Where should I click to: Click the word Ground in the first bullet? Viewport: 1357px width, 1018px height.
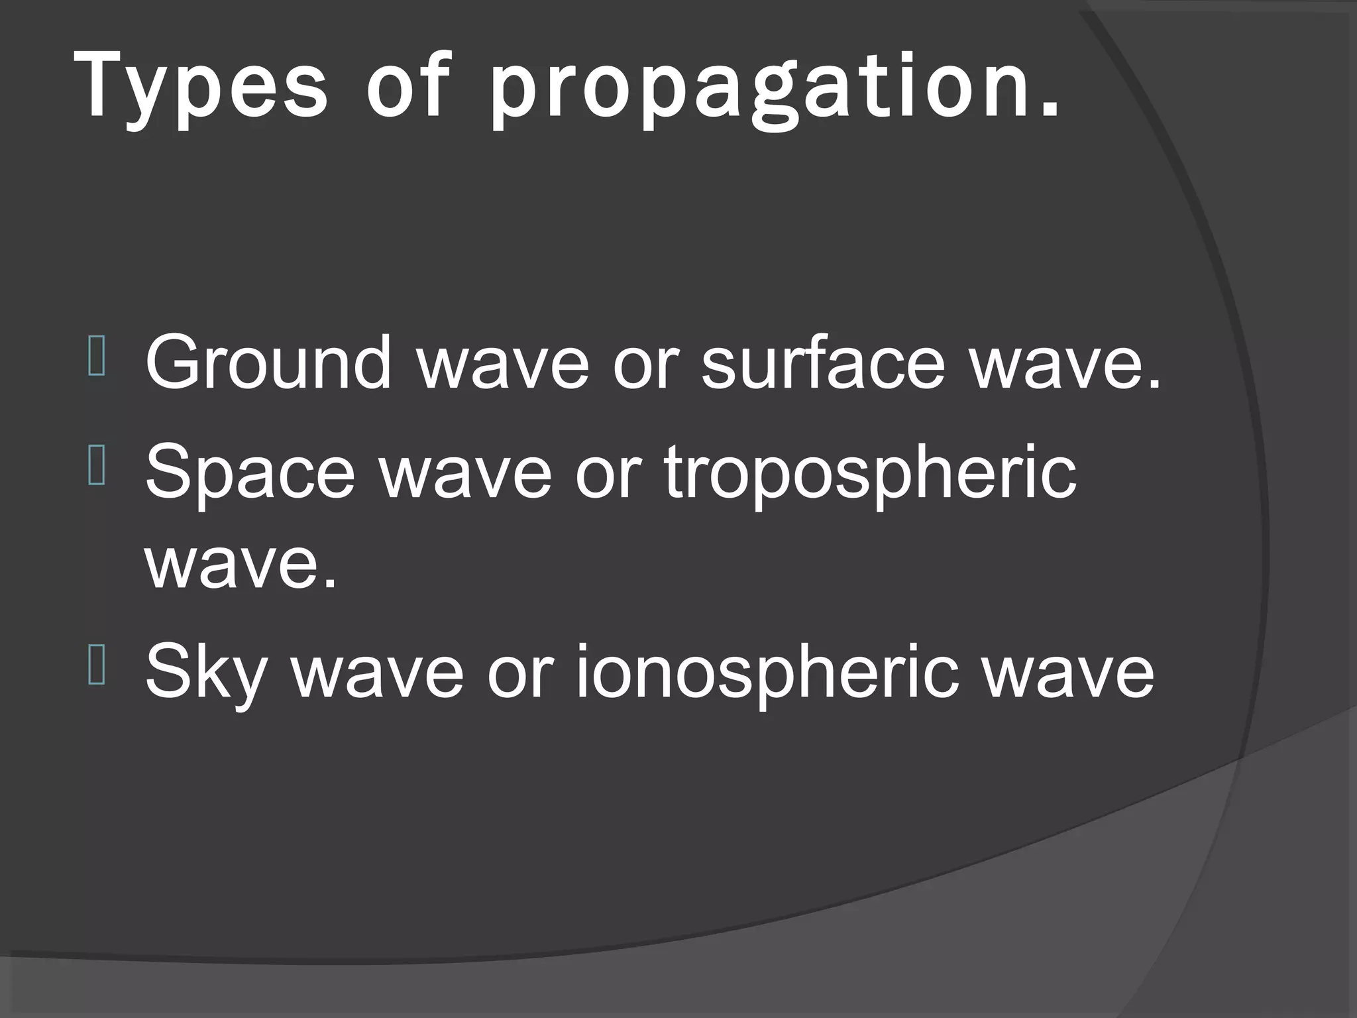[x=268, y=363]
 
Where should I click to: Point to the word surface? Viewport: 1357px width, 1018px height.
[x=822, y=363]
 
